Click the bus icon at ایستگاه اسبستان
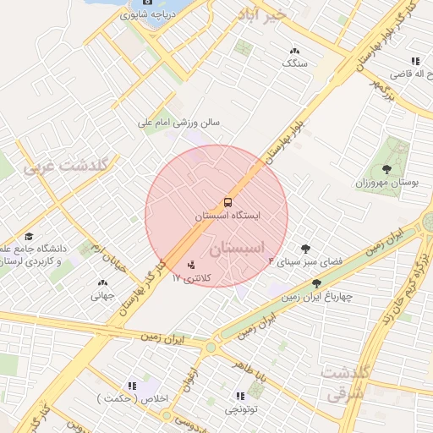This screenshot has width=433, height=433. point(227,203)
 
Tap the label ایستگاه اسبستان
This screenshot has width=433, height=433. point(227,216)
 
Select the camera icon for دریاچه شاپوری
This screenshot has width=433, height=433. point(147,3)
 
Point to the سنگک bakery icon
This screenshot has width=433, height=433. point(294,51)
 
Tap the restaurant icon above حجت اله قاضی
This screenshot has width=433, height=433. point(414,62)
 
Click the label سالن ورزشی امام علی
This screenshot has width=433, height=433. point(179,123)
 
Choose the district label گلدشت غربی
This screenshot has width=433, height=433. point(66,166)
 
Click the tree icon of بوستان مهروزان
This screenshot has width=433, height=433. point(388,170)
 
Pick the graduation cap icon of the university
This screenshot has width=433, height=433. point(29,238)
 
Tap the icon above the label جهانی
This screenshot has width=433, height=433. point(103,283)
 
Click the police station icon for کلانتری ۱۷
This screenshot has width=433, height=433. point(190,265)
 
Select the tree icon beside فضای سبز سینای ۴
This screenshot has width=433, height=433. point(305,249)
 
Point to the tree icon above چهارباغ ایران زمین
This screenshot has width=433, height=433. point(317,283)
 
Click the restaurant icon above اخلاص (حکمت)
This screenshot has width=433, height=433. point(131,385)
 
